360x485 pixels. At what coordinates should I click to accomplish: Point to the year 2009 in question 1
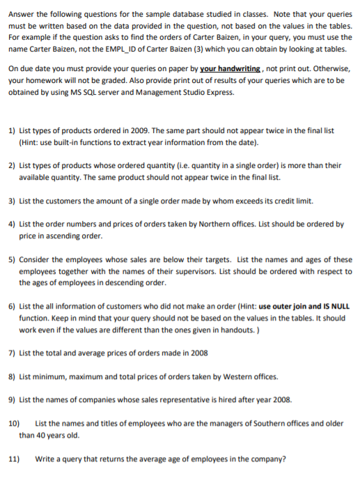click(x=139, y=130)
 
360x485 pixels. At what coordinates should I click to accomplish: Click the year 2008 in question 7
click(x=196, y=353)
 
